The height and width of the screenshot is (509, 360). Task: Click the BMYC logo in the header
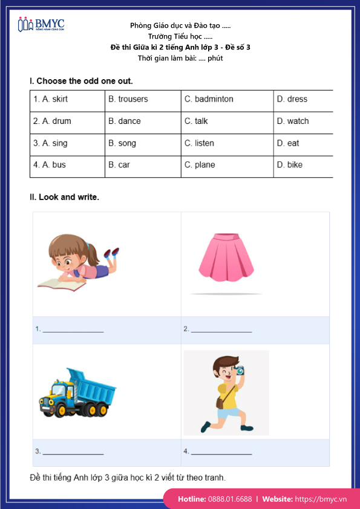coord(41,25)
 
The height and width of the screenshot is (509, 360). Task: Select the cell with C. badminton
coord(209,99)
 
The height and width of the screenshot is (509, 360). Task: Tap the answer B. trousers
coord(128,99)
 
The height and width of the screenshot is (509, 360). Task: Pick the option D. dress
coord(292,99)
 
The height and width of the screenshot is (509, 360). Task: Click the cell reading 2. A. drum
coord(52,121)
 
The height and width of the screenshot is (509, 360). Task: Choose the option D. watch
coord(293,121)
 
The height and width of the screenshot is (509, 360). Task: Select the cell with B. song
coord(122,143)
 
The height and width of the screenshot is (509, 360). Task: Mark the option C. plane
coord(200,165)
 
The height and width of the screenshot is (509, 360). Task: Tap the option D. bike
coord(289,165)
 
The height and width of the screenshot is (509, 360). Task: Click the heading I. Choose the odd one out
coord(81,81)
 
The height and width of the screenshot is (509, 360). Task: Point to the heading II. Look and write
coord(64,197)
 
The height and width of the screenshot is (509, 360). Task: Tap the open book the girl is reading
coord(59,283)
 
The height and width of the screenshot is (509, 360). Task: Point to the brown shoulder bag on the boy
coord(220,403)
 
